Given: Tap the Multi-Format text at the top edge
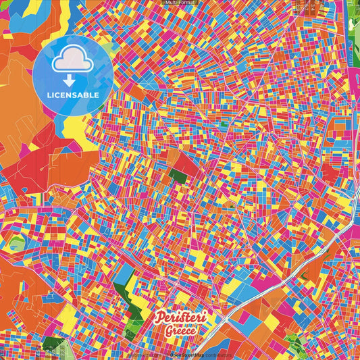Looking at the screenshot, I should click(180, 3).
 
